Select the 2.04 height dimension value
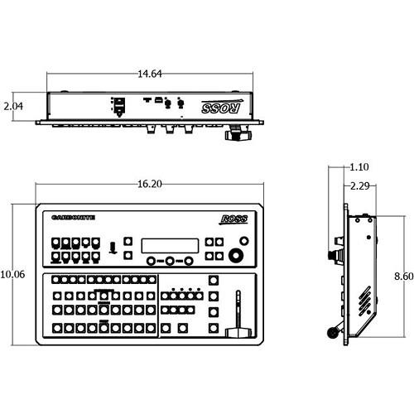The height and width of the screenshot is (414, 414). coord(12,107)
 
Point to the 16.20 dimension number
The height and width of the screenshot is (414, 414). coord(150,184)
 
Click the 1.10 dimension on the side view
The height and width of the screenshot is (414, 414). coord(359,166)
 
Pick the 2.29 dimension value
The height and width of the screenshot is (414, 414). coord(359,185)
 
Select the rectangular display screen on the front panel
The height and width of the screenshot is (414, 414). coord(170,246)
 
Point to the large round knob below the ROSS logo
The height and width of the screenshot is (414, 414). coord(238,254)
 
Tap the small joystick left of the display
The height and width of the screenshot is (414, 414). coord(111,246)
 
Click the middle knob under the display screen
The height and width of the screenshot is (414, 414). coord(170,261)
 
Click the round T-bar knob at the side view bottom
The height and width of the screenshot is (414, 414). coord(333,333)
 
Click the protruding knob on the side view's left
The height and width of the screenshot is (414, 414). coord(335,253)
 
